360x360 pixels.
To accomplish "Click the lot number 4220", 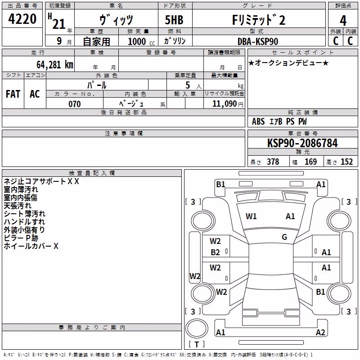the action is pos(22,19).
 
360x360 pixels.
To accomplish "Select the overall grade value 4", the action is pos(343,21).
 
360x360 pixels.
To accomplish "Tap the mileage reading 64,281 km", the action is pos(55,65).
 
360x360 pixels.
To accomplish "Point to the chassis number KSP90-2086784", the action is pos(302,143).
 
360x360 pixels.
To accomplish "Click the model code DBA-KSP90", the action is pos(258,41).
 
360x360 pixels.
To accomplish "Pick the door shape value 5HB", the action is pos(174,20).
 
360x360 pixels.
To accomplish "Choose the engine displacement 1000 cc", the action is pos(141,41).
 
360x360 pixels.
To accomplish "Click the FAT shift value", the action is pos(13,94).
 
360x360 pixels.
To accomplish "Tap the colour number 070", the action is pos(75,104).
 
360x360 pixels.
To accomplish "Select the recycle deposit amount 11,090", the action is pos(225,104).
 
